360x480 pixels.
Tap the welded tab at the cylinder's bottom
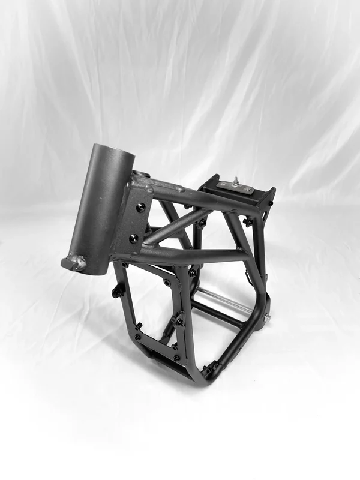point(74,262)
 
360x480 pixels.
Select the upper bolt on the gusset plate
point(141,207)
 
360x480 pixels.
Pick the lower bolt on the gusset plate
point(134,238)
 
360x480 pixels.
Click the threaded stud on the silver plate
point(236,181)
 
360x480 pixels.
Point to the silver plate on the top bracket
point(236,187)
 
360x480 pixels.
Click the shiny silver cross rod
point(225,298)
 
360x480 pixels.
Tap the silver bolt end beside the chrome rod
point(267,317)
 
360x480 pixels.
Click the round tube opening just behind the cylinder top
point(140,175)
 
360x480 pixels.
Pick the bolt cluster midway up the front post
point(178,319)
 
